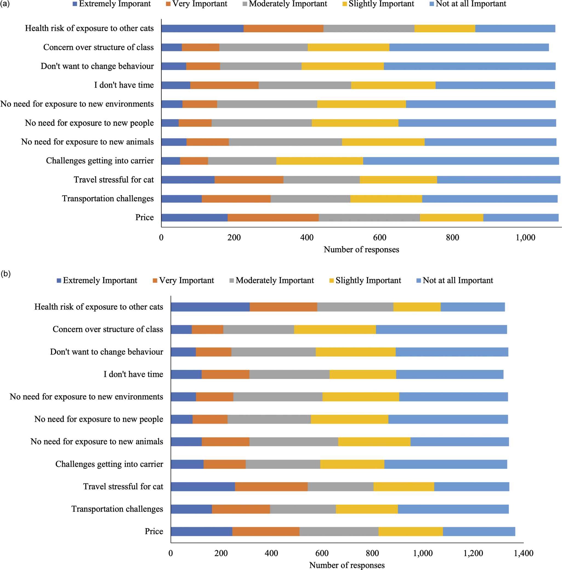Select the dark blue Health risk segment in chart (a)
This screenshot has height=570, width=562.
coord(203,28)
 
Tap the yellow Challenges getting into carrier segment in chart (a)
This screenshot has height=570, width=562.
coord(320,161)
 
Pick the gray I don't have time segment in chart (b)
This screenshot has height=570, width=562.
coord(289,374)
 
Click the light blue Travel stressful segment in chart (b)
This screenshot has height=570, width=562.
coord(472,486)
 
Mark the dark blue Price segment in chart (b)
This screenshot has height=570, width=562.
coord(201,531)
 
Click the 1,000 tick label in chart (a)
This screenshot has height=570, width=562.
coord(525,237)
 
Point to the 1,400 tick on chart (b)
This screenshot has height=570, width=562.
coord(524,553)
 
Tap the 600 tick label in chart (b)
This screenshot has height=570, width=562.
coord(322,553)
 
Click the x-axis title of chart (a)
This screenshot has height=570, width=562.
coord(361,250)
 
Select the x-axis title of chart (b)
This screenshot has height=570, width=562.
coord(347,565)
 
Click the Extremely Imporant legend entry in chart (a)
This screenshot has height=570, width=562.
coord(112,4)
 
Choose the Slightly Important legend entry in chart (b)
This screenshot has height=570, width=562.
coord(365,280)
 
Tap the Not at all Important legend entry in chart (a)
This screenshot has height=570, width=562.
coord(468,4)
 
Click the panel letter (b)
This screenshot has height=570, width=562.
coord(5,274)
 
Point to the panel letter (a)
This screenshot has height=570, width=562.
coord(5,4)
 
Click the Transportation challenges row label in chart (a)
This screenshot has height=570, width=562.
coord(108,199)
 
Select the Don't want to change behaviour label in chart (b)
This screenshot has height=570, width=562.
coord(107,352)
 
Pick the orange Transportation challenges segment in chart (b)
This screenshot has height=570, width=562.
coord(241,509)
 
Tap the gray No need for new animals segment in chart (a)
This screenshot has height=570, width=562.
coord(285,142)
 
